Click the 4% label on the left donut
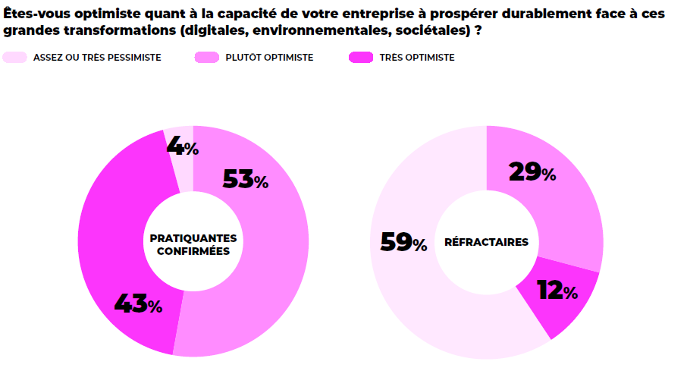click(182, 146)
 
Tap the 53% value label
click(245, 180)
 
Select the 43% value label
click(138, 304)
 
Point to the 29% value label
click(532, 173)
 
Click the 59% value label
click(403, 243)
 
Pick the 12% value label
click(557, 291)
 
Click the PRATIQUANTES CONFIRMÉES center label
click(193, 244)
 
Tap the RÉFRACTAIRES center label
click(486, 242)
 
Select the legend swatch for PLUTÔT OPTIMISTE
click(207, 58)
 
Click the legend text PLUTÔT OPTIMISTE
click(269, 58)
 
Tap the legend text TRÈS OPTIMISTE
click(418, 58)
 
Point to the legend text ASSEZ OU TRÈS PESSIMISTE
click(97, 58)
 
